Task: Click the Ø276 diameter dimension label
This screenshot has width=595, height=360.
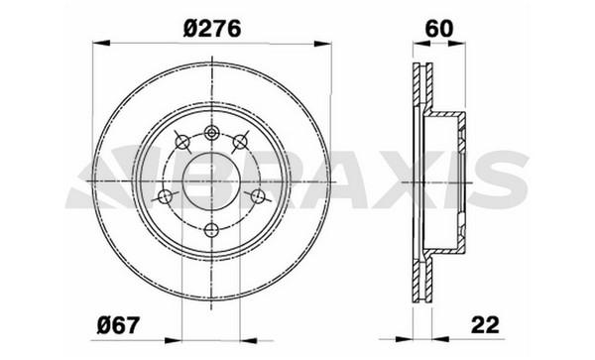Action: [x=212, y=29]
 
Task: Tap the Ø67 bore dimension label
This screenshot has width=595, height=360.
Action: [x=119, y=325]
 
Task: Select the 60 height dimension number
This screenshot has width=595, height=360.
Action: [x=439, y=29]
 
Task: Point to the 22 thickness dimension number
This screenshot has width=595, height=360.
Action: [x=485, y=324]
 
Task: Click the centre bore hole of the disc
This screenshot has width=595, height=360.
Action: [x=211, y=181]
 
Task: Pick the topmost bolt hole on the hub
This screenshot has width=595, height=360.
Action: [x=211, y=133]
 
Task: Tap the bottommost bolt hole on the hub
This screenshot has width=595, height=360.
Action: [x=211, y=230]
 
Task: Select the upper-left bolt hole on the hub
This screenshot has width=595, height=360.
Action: [x=182, y=142]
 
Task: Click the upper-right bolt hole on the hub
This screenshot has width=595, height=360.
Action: [x=240, y=142]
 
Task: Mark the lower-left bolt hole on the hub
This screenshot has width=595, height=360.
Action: [x=165, y=196]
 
